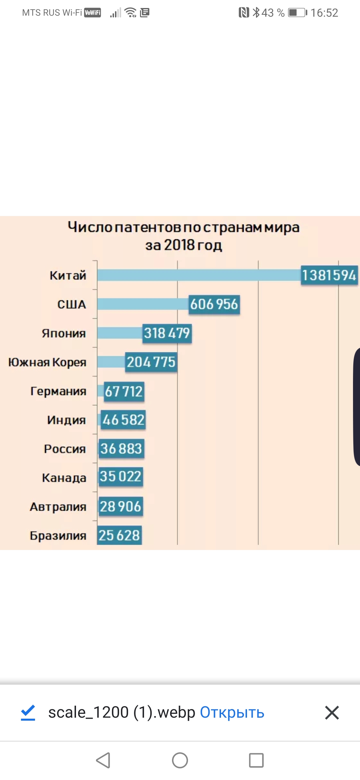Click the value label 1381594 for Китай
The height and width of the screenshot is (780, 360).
pos(329,275)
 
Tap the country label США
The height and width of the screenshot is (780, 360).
pos(72,304)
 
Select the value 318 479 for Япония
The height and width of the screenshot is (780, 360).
pos(167,333)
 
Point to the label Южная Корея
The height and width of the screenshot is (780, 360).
pos(47,362)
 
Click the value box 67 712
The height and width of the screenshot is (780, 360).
pos(124,391)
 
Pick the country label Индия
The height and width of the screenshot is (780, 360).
pos(66,420)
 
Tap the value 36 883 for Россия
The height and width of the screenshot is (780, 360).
pos(121,449)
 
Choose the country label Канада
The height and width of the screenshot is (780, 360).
pos(64,478)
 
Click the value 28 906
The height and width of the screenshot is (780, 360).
pos(121,507)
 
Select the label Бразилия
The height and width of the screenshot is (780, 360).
pos(58,536)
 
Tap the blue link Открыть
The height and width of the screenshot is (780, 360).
pos(232,713)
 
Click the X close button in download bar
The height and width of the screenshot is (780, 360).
pos(332,713)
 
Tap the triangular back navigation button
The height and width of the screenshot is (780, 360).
pos(103,760)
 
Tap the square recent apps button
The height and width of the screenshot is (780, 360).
pos(256,760)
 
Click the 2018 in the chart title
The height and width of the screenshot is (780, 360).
pos(179,245)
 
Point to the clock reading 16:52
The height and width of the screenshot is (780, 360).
pos(324,13)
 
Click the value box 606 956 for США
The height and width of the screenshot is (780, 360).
pos(214,304)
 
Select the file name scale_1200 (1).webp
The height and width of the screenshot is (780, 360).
pos(122,713)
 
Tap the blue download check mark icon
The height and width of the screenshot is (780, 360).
pos(28,713)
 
